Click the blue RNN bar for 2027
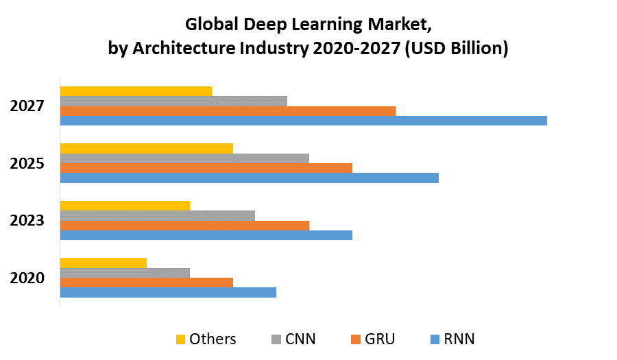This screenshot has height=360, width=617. (x=303, y=121)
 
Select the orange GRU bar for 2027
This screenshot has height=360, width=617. (x=228, y=111)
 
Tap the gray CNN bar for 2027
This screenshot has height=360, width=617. (x=173, y=101)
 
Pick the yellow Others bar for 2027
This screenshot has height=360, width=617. (x=136, y=91)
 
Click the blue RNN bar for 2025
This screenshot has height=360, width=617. (x=249, y=178)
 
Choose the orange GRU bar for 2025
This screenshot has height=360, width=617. (x=206, y=168)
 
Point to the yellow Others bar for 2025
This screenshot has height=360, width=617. (x=147, y=148)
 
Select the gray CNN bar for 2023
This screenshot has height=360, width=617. (x=158, y=215)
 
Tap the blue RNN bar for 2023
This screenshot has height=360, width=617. (x=206, y=235)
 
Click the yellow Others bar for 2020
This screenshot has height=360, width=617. (x=104, y=263)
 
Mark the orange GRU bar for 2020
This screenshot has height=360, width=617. (x=147, y=283)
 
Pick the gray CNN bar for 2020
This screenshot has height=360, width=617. (x=125, y=273)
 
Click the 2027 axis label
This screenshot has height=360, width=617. (x=27, y=106)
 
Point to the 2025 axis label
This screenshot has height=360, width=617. (x=27, y=163)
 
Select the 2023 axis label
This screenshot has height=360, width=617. (x=27, y=220)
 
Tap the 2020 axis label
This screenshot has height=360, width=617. (x=27, y=278)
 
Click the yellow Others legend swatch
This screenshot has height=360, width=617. (x=180, y=339)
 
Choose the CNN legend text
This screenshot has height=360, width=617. (x=300, y=339)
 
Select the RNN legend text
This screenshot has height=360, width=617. (x=459, y=339)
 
